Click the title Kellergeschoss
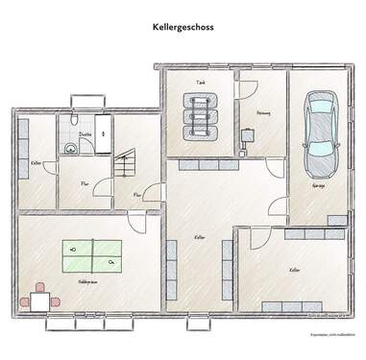[x=183, y=28]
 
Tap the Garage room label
[x=319, y=186]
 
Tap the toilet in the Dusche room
[x=70, y=148]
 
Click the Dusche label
[x=85, y=134]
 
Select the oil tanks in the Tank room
[x=201, y=118]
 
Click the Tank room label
[x=201, y=84]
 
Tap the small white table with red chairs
[x=39, y=300]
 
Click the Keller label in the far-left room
[x=36, y=163]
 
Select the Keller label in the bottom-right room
[x=294, y=271]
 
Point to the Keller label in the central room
[x=199, y=236]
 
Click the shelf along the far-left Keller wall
[x=21, y=169]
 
